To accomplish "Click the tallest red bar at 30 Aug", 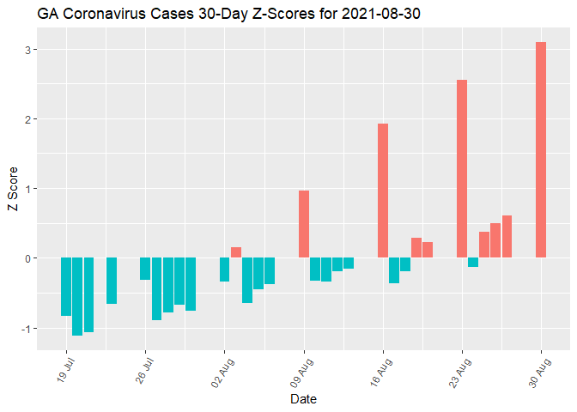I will (x=541, y=150).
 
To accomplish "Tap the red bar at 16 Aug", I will (x=383, y=191).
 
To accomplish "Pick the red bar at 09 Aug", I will (x=304, y=224).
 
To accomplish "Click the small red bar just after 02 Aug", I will (x=236, y=252).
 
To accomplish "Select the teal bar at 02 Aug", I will (x=225, y=270).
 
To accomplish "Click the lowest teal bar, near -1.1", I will (x=77, y=296).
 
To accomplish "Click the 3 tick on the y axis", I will (x=28, y=50).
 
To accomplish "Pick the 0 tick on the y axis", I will (x=28, y=258).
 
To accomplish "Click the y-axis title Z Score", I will (x=12, y=189).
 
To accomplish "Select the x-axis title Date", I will (x=304, y=399).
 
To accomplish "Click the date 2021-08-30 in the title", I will (x=378, y=15).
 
